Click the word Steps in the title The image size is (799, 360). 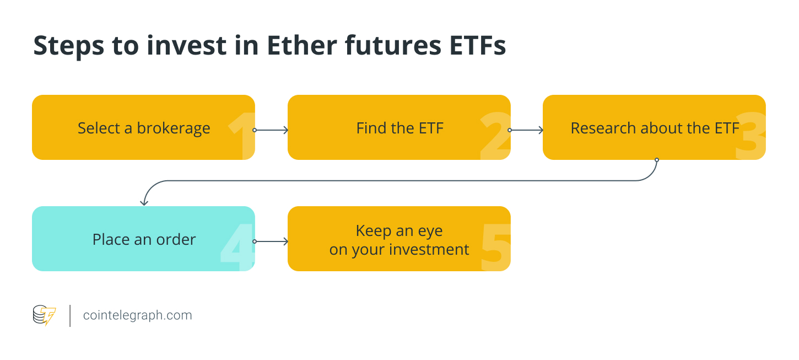pos(68,46)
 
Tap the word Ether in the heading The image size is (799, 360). pos(302,45)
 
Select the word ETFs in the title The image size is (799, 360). pos(478,45)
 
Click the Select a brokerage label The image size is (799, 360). pos(144,128)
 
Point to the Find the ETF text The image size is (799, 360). pos(399,128)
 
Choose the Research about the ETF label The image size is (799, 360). pos(655,128)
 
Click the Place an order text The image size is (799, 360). pos(144,239)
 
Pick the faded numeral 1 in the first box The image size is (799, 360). pos(242,136)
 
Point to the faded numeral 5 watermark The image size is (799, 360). pos(496,247)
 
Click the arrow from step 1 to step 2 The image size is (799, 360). pos(271,130)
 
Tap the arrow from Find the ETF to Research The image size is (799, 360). pos(526,130)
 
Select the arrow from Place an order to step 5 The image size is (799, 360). pos(271,241)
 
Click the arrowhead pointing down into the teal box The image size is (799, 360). pos(144,203)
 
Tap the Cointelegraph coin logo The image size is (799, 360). pos(45,315)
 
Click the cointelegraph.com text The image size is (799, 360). pos(137,315)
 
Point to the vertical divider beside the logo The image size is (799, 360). pos(70,316)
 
